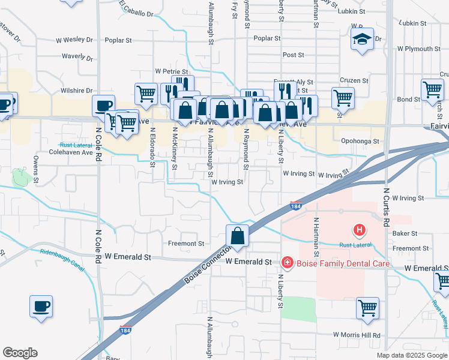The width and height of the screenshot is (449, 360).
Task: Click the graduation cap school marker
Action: (x=363, y=40)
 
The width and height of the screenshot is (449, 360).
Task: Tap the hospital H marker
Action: (x=359, y=229)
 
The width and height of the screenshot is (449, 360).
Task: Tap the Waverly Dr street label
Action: (x=77, y=58)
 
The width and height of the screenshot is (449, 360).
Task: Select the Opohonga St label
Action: (x=360, y=142)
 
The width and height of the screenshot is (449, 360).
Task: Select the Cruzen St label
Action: (x=353, y=80)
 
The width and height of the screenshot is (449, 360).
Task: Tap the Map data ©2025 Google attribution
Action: (x=411, y=355)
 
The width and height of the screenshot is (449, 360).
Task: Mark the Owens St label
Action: (x=36, y=170)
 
